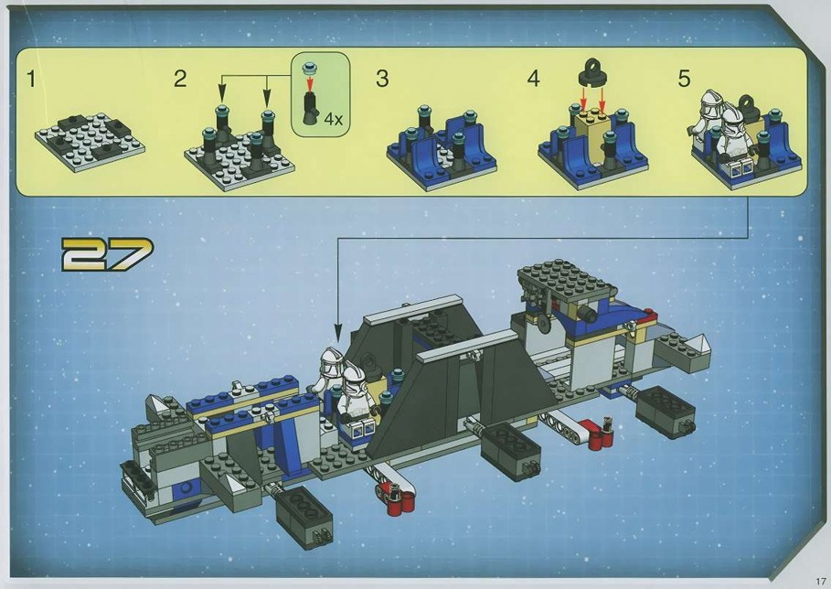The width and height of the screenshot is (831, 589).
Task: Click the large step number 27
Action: click(107, 254)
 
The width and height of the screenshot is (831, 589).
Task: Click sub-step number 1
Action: click(31, 79)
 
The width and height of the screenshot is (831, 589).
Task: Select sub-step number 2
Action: click(180, 79)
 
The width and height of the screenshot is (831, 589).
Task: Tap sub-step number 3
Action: click(382, 79)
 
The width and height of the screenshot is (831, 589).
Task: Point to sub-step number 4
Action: click(533, 79)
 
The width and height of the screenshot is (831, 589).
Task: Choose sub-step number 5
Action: click(684, 79)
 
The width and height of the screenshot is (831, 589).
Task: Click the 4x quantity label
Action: click(334, 119)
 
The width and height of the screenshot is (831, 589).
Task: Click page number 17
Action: click(821, 581)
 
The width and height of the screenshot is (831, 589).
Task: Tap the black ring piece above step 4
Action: click(592, 73)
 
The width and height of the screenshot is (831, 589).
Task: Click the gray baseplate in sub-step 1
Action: click(90, 142)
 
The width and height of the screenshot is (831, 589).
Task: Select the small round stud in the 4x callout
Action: click(310, 68)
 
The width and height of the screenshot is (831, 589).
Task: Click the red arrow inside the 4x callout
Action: click(310, 80)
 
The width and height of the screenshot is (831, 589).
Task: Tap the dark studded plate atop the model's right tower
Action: click(567, 278)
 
